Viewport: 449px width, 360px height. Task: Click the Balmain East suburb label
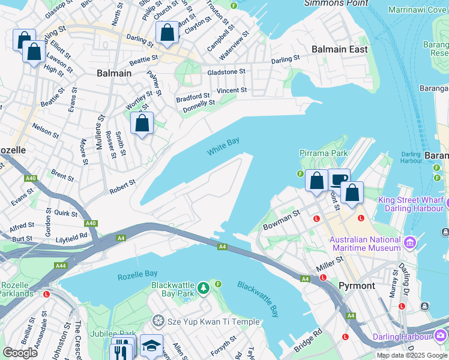pyautogui.click(x=339, y=49)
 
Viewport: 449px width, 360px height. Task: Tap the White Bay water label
pyautogui.click(x=223, y=146)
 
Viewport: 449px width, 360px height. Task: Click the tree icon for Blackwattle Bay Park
pyautogui.click(x=203, y=289)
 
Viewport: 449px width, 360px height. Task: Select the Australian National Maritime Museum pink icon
pyautogui.click(x=411, y=242)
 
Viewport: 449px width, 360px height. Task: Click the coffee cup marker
pyautogui.click(x=339, y=179)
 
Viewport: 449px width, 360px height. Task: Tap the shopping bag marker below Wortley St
pyautogui.click(x=142, y=124)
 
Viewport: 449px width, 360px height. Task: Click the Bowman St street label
pyautogui.click(x=282, y=220)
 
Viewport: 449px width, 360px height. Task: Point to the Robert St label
pyautogui.click(x=122, y=187)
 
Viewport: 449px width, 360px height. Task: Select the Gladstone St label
pyautogui.click(x=226, y=71)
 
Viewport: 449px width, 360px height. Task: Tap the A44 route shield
pyautogui.click(x=60, y=265)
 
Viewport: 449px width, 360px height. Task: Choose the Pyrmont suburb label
pyautogui.click(x=357, y=286)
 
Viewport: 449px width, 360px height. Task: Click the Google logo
pyautogui.click(x=20, y=352)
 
